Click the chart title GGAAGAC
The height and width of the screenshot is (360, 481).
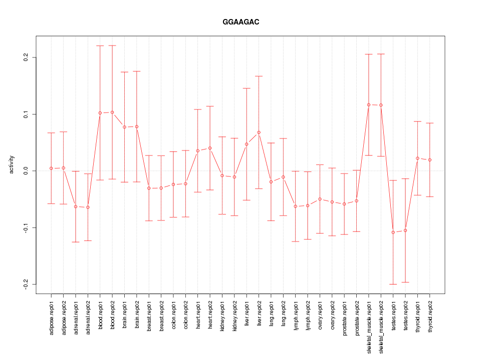coord(241,22)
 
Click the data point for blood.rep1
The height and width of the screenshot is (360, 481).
coord(100,113)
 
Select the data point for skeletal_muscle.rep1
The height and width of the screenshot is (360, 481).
coord(369,104)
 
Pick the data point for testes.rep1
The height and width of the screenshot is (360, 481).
coord(393,232)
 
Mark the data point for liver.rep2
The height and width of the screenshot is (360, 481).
coord(259,132)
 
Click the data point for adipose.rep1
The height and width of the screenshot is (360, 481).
coord(51,168)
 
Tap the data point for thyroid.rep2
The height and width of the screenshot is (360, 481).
coord(430,160)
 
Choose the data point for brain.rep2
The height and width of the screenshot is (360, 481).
coord(137,126)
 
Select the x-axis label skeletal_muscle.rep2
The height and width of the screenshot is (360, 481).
coord(381,325)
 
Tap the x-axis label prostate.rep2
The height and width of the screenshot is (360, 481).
coord(357,320)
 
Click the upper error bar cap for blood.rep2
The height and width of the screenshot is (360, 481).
coord(112,45)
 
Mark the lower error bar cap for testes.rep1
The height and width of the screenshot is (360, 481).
coord(393,284)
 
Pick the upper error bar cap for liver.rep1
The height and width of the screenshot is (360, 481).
coord(247,88)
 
